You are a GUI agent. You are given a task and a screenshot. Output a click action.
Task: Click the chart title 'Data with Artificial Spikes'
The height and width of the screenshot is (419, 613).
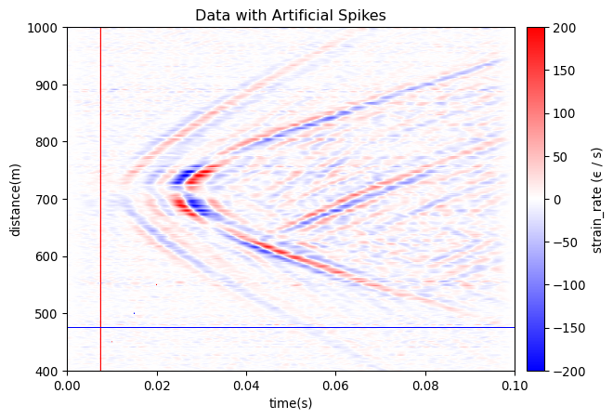click(x=290, y=15)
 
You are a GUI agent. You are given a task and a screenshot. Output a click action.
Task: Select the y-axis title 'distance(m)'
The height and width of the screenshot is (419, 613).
click(x=16, y=200)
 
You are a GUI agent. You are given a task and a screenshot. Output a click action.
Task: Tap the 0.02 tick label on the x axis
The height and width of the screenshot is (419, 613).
click(x=157, y=384)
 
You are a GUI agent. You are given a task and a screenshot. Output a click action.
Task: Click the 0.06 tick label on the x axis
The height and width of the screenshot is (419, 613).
click(x=335, y=384)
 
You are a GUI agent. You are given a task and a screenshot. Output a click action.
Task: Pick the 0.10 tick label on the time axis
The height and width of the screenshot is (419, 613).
click(x=515, y=384)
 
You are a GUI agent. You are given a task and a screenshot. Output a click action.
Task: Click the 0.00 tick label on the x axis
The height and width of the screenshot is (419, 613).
click(x=67, y=384)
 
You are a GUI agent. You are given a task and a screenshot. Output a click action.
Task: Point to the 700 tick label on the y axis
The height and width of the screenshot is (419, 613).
click(x=48, y=200)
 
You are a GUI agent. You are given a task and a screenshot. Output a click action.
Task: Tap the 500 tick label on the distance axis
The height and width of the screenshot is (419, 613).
click(x=48, y=314)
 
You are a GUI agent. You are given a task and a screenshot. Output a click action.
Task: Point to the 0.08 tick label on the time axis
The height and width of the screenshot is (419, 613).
click(x=425, y=384)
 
